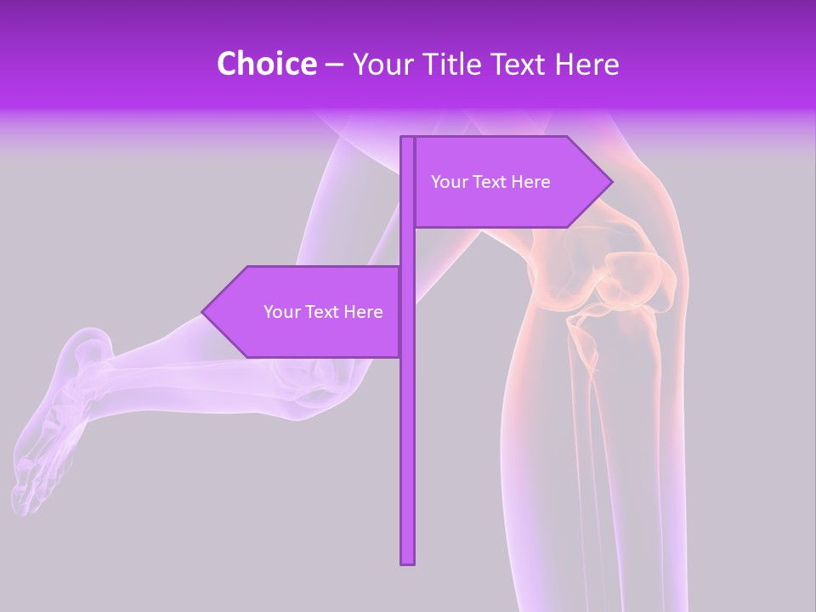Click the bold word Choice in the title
(x=266, y=64)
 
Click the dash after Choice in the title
(x=334, y=65)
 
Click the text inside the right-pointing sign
(x=490, y=182)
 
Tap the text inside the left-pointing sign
(x=323, y=312)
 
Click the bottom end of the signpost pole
(x=408, y=560)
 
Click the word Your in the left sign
(x=281, y=312)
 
